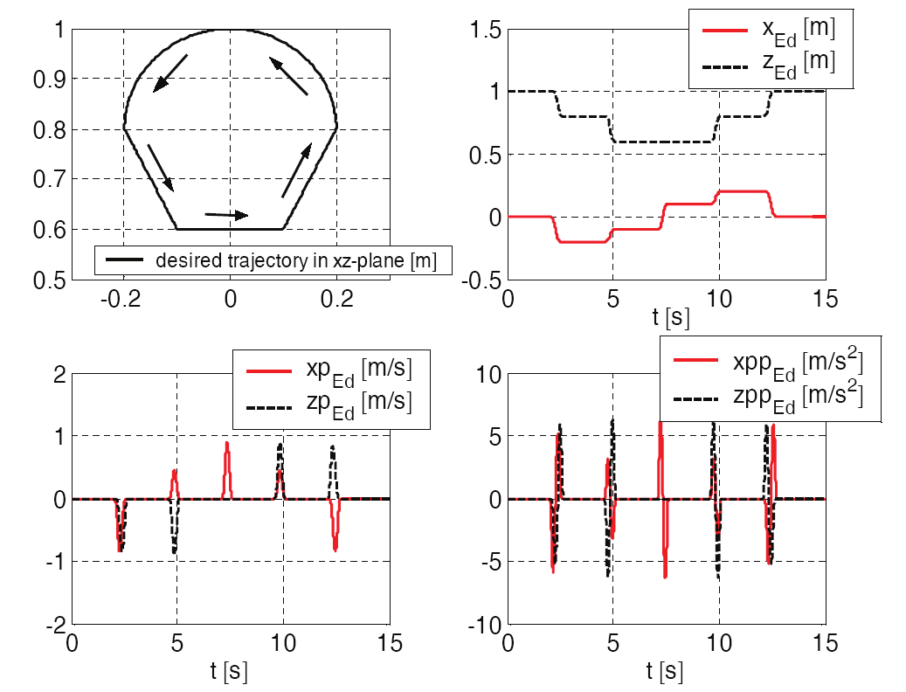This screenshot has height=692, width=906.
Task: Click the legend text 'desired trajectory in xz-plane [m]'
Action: (295, 259)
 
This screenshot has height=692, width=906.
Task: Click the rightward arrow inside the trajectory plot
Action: (226, 214)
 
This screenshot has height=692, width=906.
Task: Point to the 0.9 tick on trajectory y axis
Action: (52, 80)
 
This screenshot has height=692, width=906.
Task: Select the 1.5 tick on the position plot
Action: (485, 30)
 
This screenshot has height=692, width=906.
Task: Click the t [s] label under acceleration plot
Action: (667, 671)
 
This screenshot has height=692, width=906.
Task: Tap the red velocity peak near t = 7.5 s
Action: (227, 445)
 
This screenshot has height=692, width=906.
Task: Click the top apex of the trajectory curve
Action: (230, 31)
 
